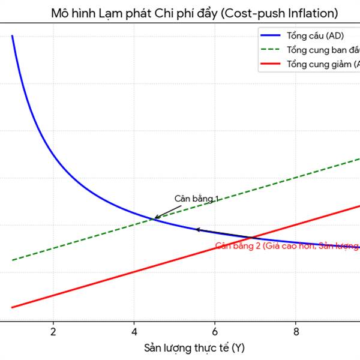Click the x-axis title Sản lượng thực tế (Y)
[194, 348]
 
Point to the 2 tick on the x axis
[53, 331]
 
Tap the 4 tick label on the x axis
[134, 331]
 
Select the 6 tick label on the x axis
[215, 331]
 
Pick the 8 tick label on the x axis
[296, 331]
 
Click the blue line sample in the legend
[271, 35]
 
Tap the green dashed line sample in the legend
[271, 49]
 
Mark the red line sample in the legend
[271, 64]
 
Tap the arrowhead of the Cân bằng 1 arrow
[155, 218]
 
